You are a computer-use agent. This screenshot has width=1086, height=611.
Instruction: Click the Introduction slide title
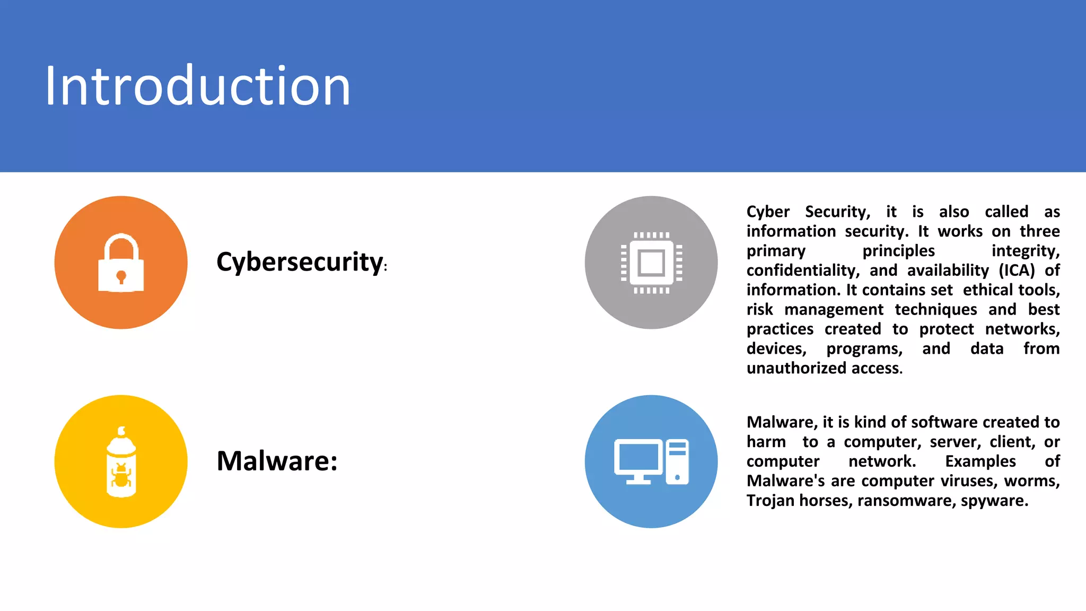[197, 86]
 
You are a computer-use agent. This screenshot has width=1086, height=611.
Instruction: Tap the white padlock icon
[121, 263]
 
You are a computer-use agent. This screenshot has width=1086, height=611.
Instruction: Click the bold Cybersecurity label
[300, 262]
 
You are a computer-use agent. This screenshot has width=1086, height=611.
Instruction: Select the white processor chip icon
[651, 263]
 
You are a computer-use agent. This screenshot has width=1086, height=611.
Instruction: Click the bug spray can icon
[121, 461]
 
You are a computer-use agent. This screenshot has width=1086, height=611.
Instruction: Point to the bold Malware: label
[277, 460]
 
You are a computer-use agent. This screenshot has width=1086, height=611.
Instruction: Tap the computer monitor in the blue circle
[638, 460]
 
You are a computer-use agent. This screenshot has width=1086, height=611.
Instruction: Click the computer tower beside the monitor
[677, 461]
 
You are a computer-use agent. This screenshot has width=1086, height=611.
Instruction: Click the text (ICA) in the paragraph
[1017, 270]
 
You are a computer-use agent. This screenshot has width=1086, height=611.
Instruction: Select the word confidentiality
[802, 270]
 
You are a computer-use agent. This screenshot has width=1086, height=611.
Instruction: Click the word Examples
[980, 461]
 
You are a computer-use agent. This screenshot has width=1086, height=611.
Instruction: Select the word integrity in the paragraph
[1025, 251]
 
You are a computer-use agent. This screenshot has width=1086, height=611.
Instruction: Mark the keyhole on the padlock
[121, 276]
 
